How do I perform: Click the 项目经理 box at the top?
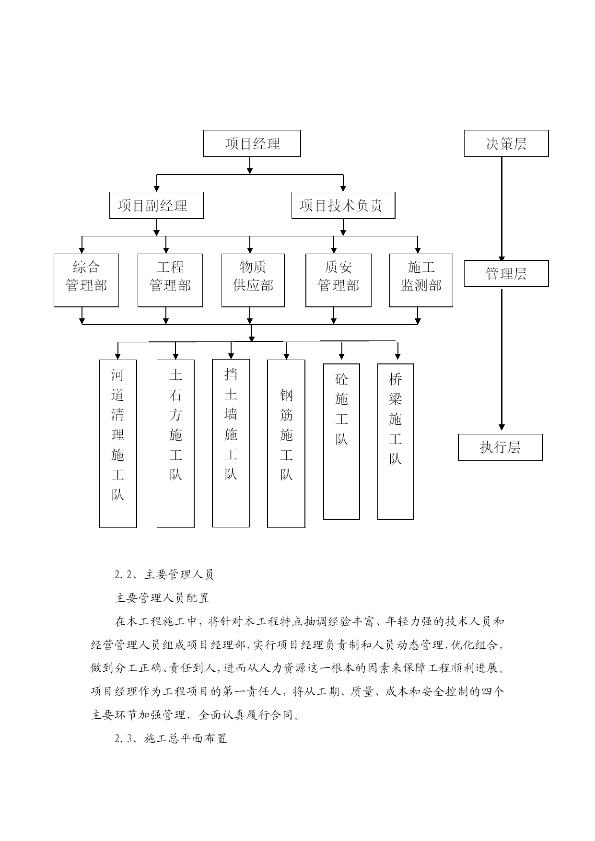(252, 143)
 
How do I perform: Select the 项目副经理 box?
(156, 206)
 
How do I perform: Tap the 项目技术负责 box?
(343, 206)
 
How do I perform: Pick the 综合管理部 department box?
(86, 280)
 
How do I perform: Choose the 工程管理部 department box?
(170, 280)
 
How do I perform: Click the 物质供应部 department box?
(253, 280)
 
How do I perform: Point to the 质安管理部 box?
(338, 280)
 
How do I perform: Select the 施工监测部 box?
(421, 280)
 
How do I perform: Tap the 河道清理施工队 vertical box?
(118, 444)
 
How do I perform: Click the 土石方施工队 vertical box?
(175, 444)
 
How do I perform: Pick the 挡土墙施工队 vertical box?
(231, 443)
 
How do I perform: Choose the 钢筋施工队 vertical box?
(286, 444)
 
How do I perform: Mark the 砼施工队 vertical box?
(341, 442)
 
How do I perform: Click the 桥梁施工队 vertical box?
(396, 442)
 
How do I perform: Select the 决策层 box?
(506, 143)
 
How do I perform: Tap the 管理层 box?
(506, 274)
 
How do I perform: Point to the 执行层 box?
(500, 447)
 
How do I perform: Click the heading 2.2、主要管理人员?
(164, 574)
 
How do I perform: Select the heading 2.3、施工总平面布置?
(171, 738)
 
